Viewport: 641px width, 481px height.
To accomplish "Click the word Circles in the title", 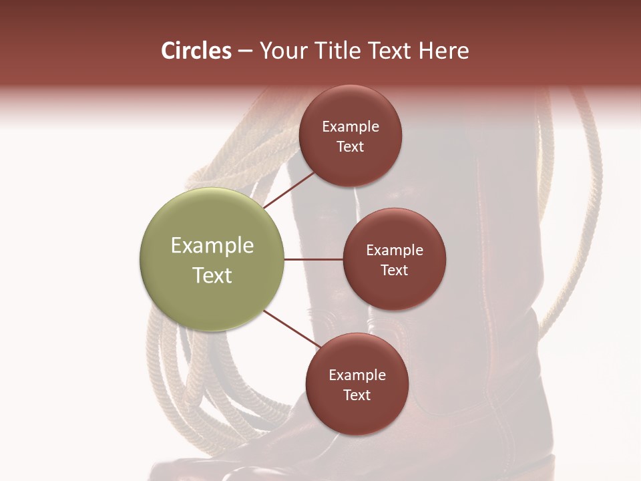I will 196,51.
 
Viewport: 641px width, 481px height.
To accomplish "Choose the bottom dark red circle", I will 357,414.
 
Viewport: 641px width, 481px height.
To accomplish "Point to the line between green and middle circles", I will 313,259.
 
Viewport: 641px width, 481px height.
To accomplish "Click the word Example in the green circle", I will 212,246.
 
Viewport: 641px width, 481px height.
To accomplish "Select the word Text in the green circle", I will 212,275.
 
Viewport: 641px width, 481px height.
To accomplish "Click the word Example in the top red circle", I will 351,127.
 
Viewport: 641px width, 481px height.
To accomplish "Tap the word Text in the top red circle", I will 351,147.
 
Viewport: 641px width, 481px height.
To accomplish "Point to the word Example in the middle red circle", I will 395,251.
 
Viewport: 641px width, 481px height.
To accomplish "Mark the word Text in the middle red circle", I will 395,271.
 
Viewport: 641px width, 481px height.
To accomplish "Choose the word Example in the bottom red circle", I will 357,375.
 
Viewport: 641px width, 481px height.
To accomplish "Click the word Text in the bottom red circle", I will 357,395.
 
